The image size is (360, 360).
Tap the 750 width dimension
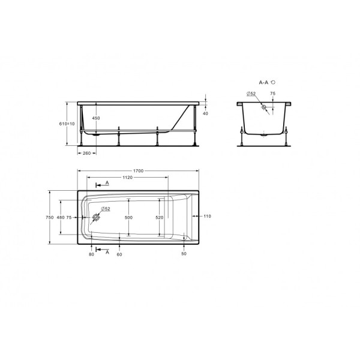50,217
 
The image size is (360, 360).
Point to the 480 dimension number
60,217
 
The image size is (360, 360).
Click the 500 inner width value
128,217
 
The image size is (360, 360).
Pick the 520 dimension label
159,217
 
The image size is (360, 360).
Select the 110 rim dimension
208,216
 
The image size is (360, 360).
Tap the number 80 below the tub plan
91,255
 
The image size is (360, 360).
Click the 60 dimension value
120,255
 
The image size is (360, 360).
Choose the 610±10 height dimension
70,124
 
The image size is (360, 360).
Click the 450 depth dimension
95,118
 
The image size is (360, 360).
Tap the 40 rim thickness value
205,113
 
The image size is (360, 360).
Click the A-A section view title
264,82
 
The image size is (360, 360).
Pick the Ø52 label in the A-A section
251,94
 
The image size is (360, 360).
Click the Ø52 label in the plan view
104,208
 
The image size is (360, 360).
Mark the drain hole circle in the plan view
95,217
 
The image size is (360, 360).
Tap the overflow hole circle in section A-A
263,108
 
